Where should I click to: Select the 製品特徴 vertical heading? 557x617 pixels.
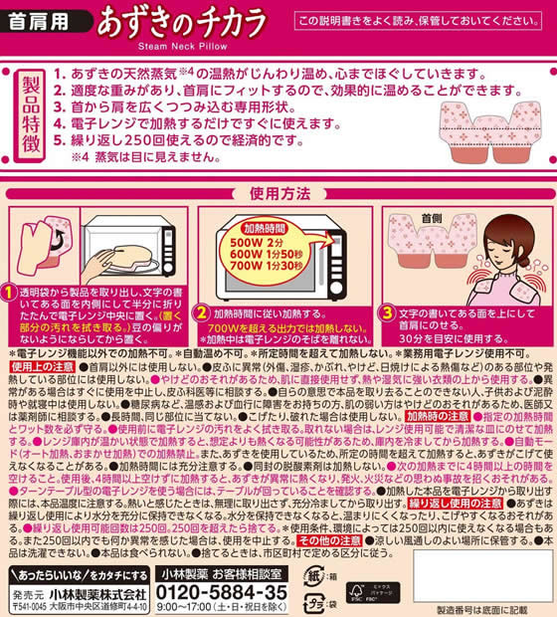click(x=28, y=112)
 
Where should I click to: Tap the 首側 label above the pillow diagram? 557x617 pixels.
click(x=433, y=214)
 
